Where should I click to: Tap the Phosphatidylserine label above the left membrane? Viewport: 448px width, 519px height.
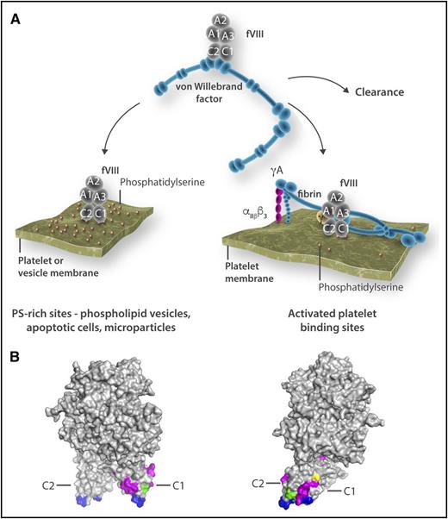pyautogui.click(x=157, y=183)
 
